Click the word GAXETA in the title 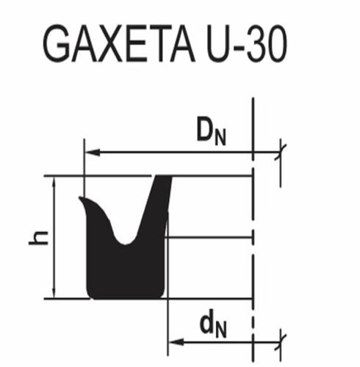click(x=119, y=43)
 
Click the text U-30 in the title click(x=247, y=44)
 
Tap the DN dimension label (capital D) click(x=212, y=131)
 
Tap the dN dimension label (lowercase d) click(x=213, y=325)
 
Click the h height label click(x=38, y=238)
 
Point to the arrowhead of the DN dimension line click(x=93, y=153)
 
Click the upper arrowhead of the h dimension click(x=54, y=181)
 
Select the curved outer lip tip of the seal click(x=82, y=198)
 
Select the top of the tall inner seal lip click(x=163, y=178)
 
